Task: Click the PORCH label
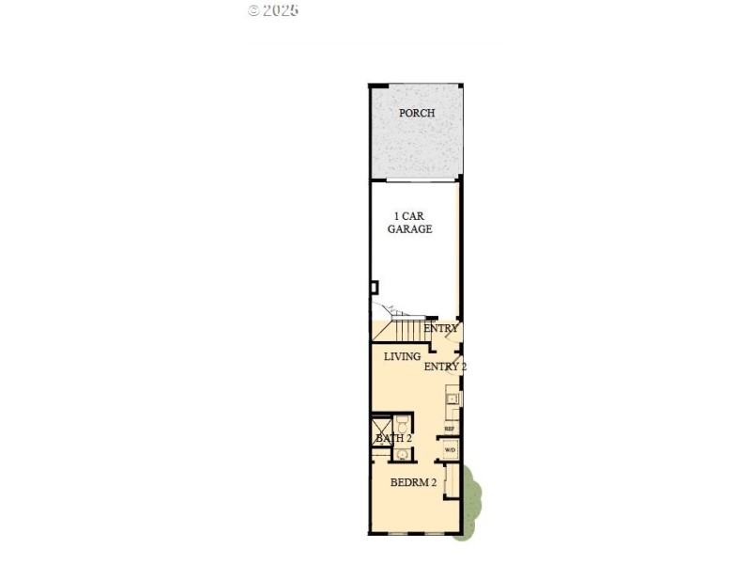[x=417, y=114]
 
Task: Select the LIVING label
[x=402, y=356]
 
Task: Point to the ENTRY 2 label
[x=445, y=367]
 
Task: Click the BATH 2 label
[x=393, y=438]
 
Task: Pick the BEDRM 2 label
[x=414, y=482]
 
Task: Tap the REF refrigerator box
[x=450, y=429]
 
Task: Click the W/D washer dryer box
[x=450, y=449]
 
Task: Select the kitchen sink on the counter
[x=452, y=399]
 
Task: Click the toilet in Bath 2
[x=402, y=422]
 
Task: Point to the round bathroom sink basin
[x=402, y=455]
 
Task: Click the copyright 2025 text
[x=273, y=10]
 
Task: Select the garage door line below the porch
[x=413, y=180]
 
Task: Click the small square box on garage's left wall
[x=374, y=287]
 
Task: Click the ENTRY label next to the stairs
[x=440, y=329]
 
